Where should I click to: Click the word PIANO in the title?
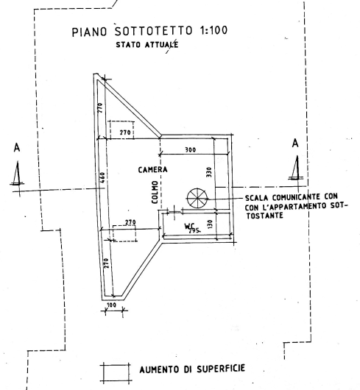90,32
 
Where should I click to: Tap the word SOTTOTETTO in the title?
154,31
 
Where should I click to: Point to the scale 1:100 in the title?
213,30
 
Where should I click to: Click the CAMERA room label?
152,170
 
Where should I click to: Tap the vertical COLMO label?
155,192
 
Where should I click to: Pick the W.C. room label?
189,226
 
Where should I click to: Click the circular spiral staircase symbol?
197,198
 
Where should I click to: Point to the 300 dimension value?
191,149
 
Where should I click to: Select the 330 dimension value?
209,172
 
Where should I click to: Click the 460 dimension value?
103,177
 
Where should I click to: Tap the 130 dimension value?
210,224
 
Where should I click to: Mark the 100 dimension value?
111,305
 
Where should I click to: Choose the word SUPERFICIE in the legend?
221,369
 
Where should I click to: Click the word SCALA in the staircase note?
257,198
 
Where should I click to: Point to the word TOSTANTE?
265,215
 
